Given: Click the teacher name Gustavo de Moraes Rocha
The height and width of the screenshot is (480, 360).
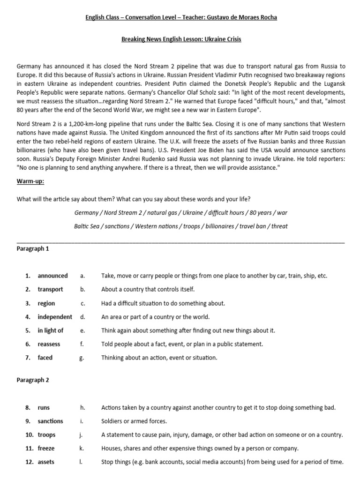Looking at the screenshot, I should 239,17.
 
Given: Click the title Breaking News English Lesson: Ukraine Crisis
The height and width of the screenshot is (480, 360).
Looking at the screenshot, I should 181,39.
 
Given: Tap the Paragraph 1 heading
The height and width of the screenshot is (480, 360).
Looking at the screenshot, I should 33,249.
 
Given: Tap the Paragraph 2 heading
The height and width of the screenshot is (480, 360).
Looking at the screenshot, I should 33,380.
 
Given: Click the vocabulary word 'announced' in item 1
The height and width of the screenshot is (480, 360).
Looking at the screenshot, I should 52,276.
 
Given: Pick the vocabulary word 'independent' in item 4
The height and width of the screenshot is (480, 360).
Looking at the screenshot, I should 55,317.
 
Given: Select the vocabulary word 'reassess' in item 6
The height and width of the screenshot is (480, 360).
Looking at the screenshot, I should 49,344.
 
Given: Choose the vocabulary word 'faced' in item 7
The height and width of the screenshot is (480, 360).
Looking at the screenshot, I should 45,358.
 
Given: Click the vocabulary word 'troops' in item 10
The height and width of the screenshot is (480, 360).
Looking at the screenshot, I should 46,435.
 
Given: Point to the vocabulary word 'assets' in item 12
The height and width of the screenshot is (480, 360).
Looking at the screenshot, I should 46,462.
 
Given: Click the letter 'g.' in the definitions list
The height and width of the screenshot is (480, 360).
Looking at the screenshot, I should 82,358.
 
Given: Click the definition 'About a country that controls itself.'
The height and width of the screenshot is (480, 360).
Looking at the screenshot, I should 148,290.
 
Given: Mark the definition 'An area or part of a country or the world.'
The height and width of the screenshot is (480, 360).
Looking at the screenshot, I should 155,317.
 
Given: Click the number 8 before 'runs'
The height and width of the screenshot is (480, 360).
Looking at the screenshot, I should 28,408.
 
